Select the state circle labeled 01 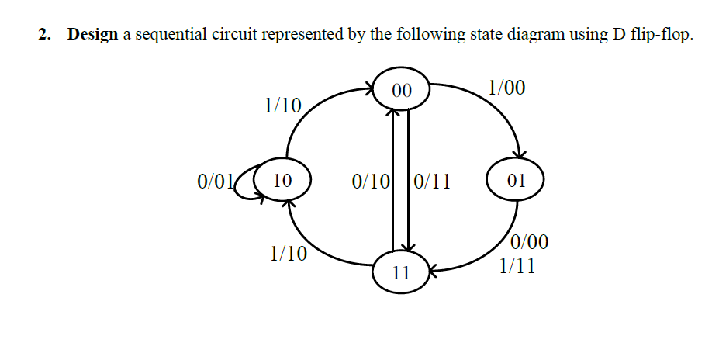pos(516,182)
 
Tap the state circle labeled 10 pos(282,182)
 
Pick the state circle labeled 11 pos(401,273)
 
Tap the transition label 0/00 pos(531,243)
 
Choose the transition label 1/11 pos(517,266)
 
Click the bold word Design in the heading pos(93,35)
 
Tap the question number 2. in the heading pos(48,35)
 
